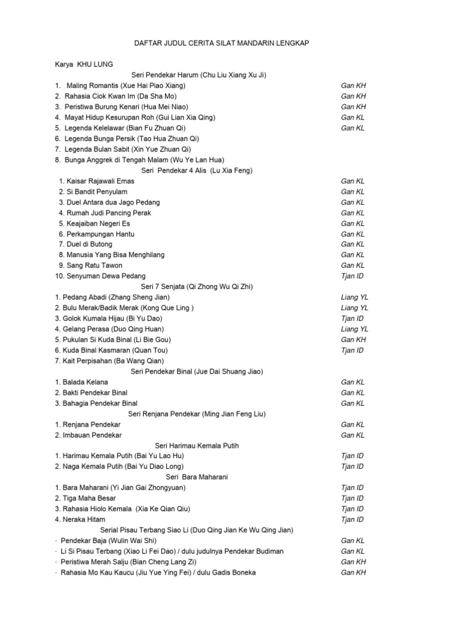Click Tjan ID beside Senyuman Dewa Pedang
[x=352, y=276]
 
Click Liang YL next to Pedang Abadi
[x=355, y=297]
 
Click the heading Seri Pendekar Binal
[x=197, y=371]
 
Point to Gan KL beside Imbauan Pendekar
[x=353, y=435]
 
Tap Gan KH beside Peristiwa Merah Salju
[x=353, y=561]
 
